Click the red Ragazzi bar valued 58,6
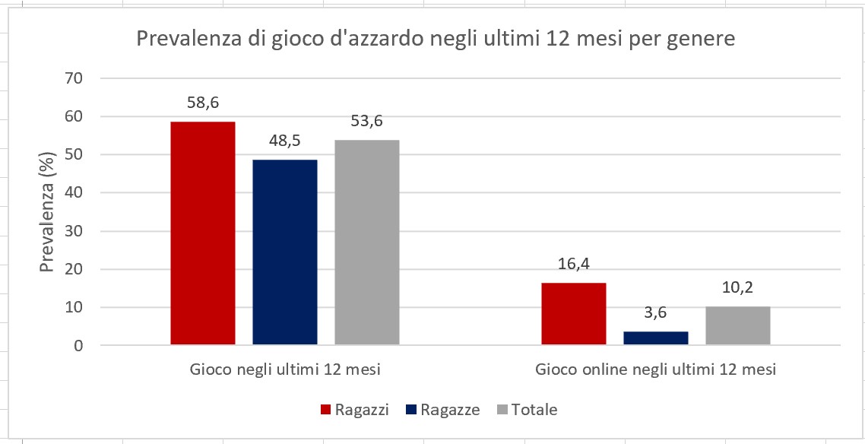(202, 233)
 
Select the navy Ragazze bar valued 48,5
(284, 252)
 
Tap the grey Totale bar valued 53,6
(366, 242)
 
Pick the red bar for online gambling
(573, 314)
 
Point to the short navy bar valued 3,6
(655, 338)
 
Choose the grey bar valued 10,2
(737, 325)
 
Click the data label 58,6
(203, 103)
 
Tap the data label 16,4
(574, 265)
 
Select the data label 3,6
(655, 313)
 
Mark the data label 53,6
(367, 122)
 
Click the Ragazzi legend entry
(355, 410)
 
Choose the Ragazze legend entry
(443, 410)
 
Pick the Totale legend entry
(527, 410)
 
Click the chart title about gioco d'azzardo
(436, 39)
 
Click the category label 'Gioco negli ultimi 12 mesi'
(284, 370)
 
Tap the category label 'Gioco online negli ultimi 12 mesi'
(655, 370)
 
